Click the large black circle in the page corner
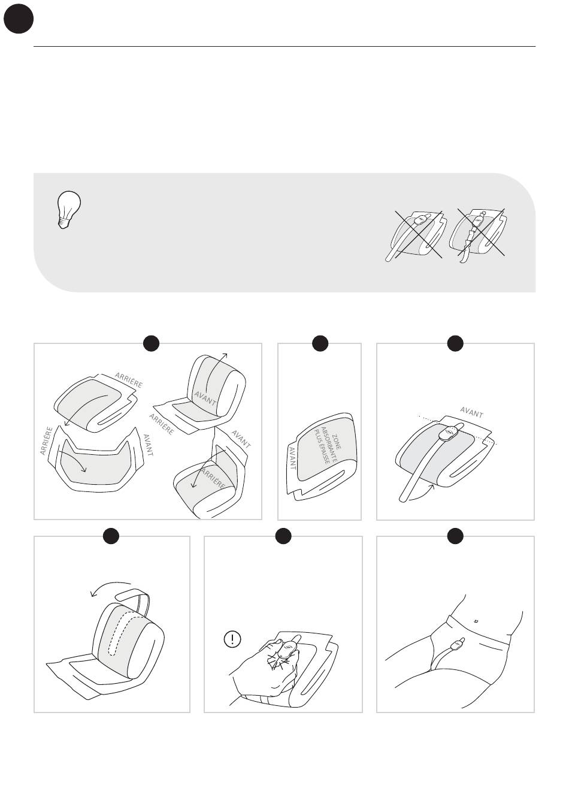pyautogui.click(x=19, y=19)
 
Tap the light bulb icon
pyautogui.click(x=69, y=210)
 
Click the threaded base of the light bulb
pyautogui.click(x=63, y=223)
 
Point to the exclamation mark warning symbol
pyautogui.click(x=232, y=639)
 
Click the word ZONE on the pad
pyautogui.click(x=337, y=442)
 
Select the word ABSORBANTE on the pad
pyautogui.click(x=329, y=445)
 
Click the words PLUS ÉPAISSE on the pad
pyautogui.click(x=322, y=446)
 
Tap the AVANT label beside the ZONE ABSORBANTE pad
pyautogui.click(x=292, y=458)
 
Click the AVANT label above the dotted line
pyautogui.click(x=471, y=412)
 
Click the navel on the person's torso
pyautogui.click(x=476, y=621)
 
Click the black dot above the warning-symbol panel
pyautogui.click(x=283, y=536)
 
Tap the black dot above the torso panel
pyautogui.click(x=455, y=536)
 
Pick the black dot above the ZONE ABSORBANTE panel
pyautogui.click(x=320, y=343)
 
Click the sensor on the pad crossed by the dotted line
pyautogui.click(x=449, y=433)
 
